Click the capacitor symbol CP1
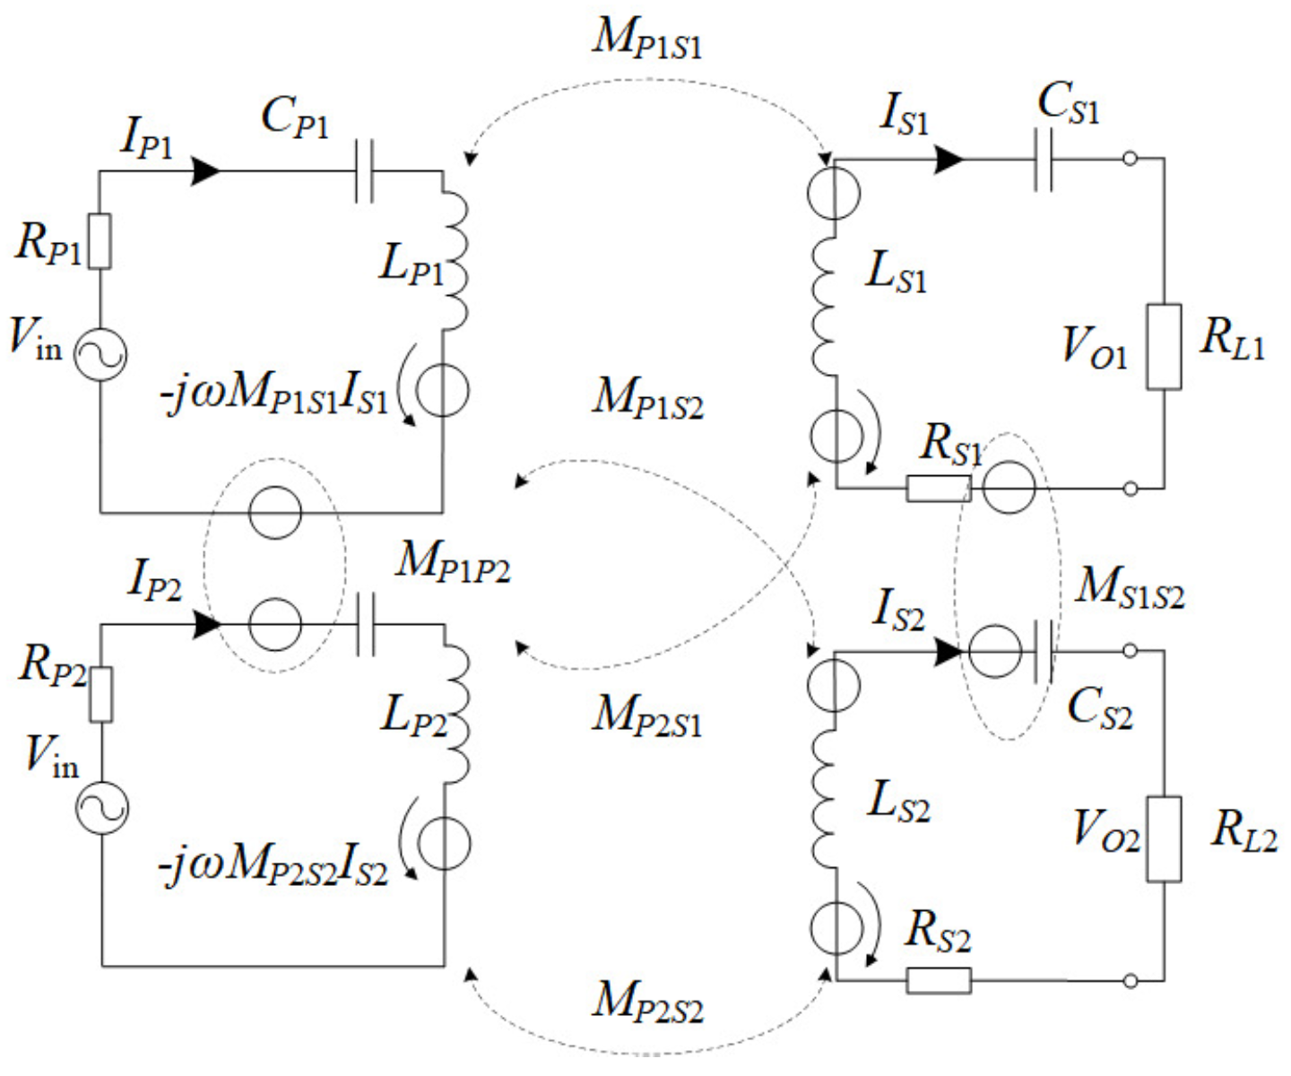point(364,171)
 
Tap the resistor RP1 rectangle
point(100,241)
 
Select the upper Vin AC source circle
point(100,354)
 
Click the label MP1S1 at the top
point(645,39)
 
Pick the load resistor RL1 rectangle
point(1164,347)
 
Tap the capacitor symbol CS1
point(1043,160)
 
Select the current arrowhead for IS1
point(948,160)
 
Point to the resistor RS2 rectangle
point(938,980)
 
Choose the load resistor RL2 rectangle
point(1164,838)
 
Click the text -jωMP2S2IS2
point(273,865)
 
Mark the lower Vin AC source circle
point(101,807)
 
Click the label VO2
point(1106,829)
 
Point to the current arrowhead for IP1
point(205,170)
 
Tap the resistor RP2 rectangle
point(100,695)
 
